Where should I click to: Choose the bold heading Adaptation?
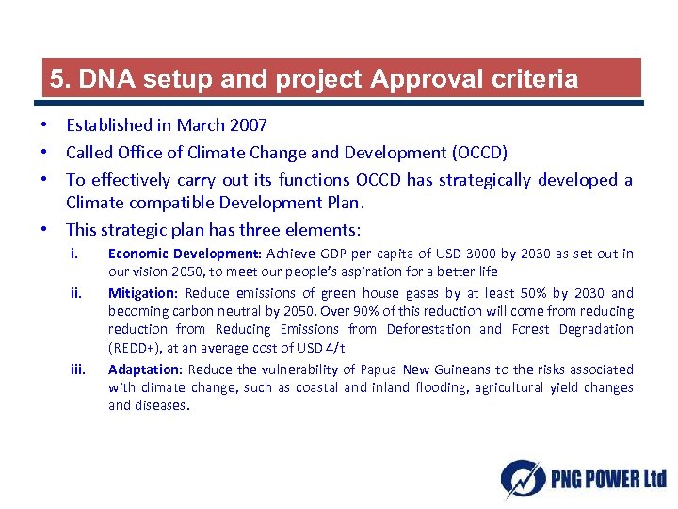coord(146,369)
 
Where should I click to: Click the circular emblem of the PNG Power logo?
coord(521,479)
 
